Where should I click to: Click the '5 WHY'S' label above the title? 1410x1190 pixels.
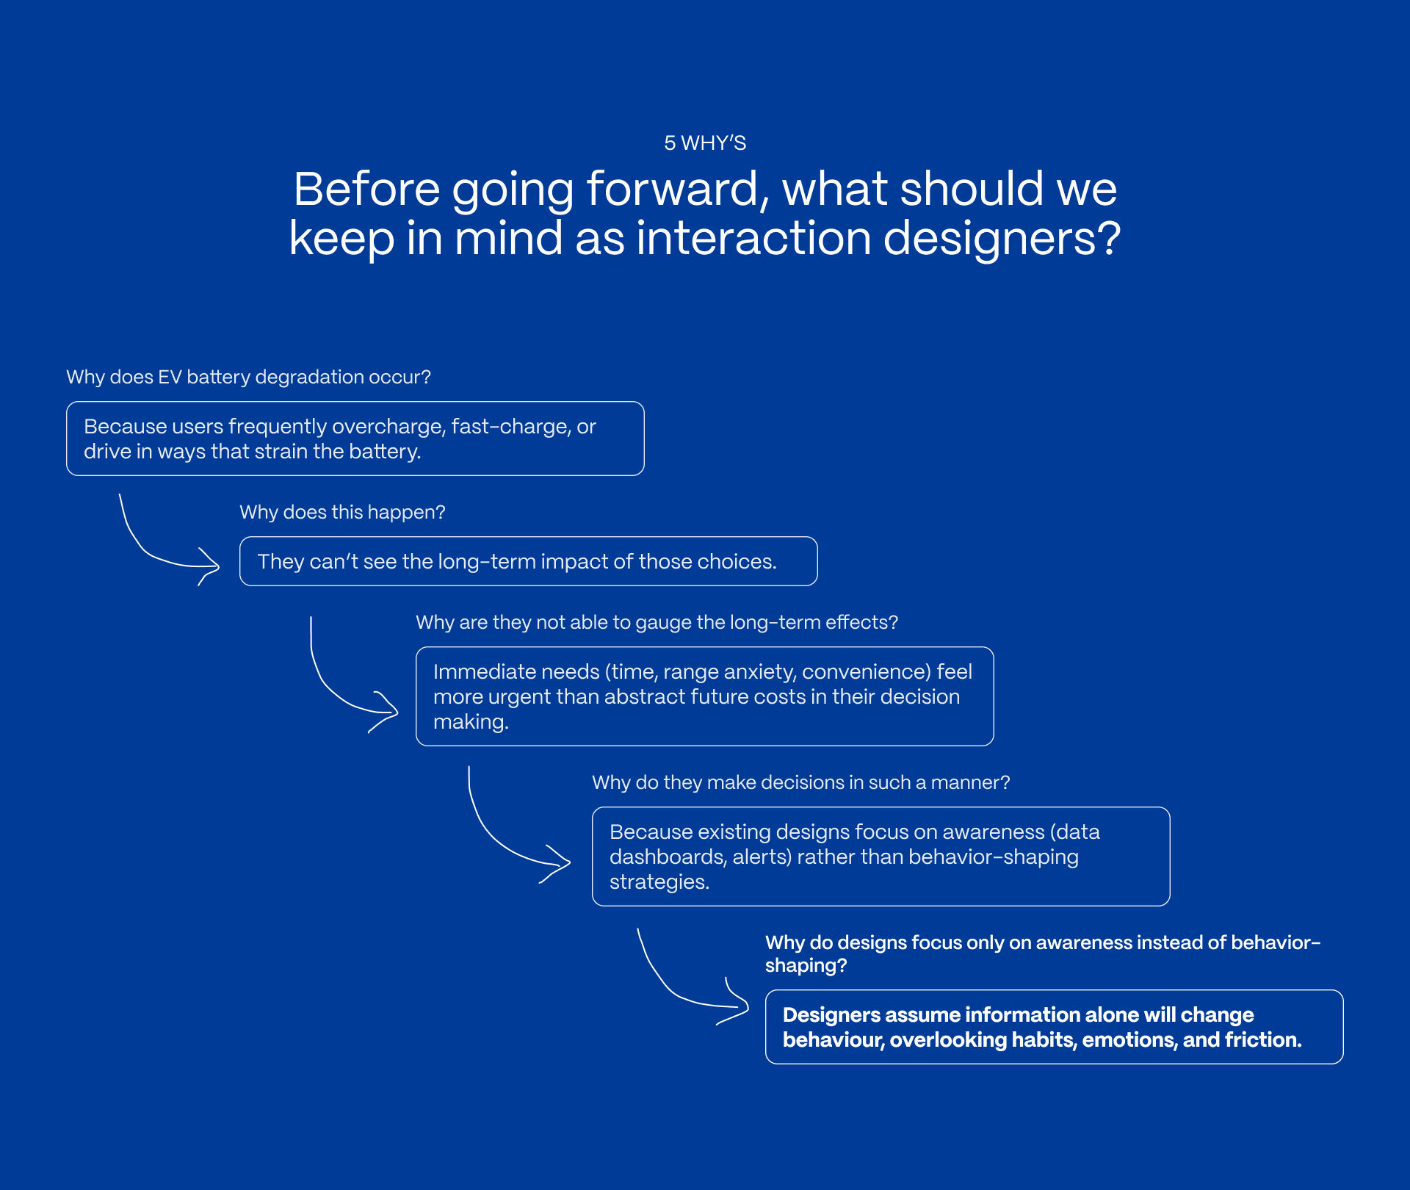705,143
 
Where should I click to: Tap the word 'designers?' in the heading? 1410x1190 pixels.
1002,239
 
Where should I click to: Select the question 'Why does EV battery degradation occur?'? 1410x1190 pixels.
248,377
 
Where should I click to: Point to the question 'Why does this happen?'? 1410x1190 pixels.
342,512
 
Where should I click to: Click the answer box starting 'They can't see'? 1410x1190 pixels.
528,561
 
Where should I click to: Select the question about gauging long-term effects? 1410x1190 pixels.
657,622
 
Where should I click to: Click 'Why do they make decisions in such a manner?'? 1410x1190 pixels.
800,782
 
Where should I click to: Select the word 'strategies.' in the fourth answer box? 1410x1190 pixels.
659,881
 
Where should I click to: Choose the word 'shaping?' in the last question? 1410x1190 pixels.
806,965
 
